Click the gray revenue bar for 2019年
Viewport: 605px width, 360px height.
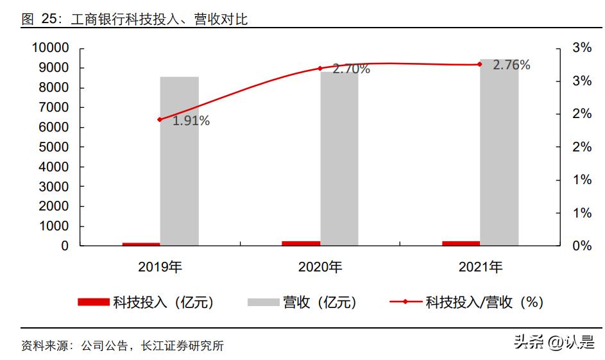[x=180, y=160]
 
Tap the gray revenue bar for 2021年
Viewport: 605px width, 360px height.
[x=499, y=154]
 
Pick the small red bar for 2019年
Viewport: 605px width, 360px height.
[x=141, y=244]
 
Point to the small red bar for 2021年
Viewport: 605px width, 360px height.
[x=461, y=243]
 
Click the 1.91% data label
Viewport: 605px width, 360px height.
[x=191, y=121]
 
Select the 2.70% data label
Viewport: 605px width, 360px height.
[x=351, y=69]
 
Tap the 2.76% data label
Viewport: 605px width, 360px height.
[x=511, y=65]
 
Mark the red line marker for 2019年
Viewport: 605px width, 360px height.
[x=160, y=119]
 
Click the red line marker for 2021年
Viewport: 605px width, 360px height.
[x=479, y=64]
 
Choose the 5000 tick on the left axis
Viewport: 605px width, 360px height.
[x=54, y=147]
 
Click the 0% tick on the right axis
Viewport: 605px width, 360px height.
[x=582, y=246]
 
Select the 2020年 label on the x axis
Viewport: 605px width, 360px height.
[x=320, y=268]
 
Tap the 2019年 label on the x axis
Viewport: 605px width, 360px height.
[x=160, y=268]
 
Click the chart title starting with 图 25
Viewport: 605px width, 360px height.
[x=135, y=19]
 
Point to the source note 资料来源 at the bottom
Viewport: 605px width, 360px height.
[x=123, y=346]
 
